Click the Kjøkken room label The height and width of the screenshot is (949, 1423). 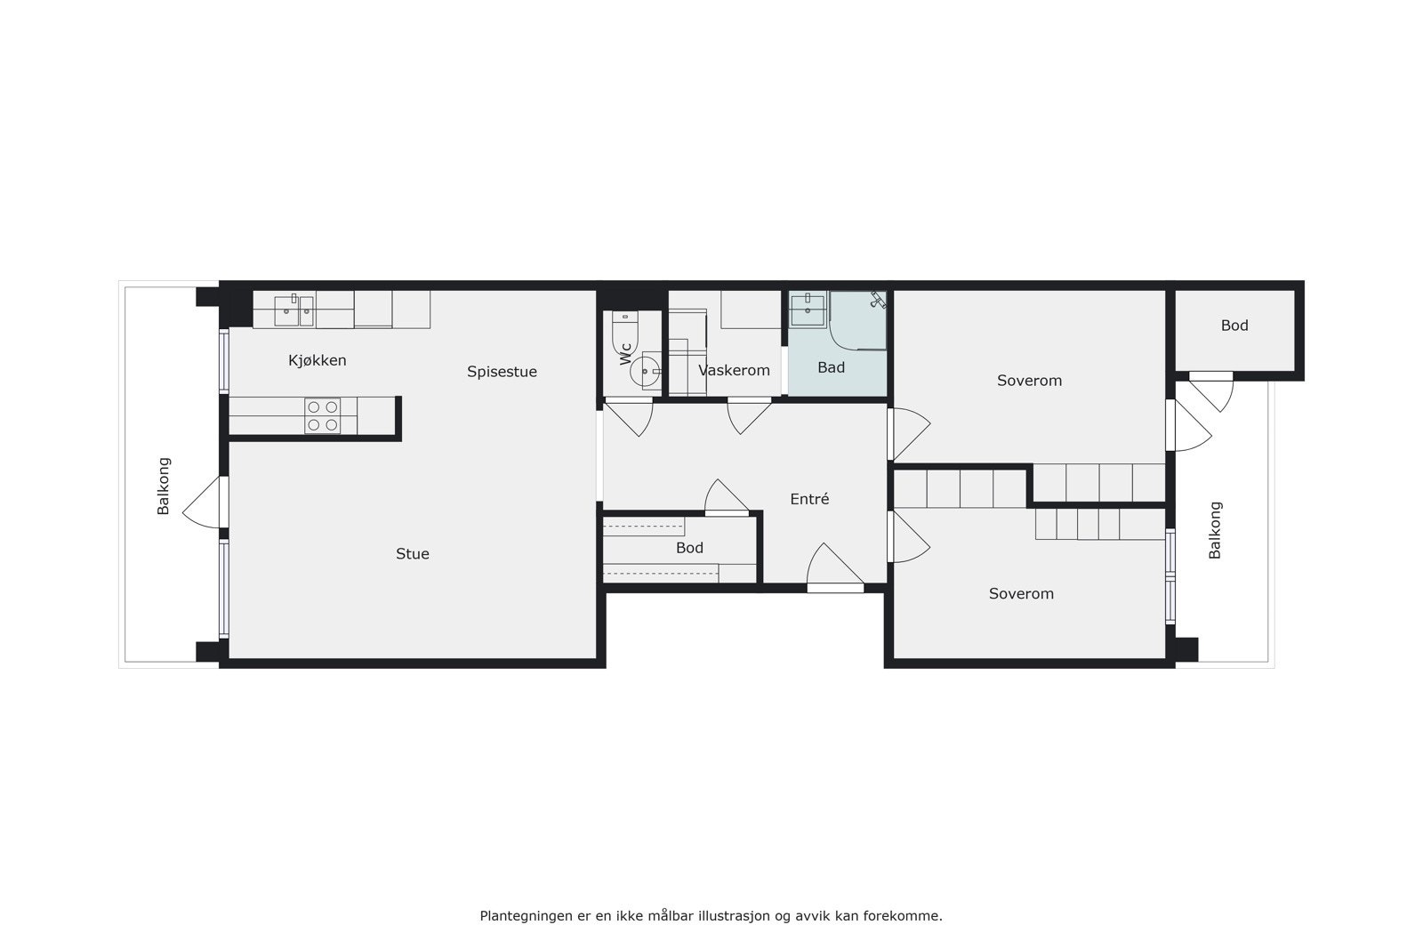click(x=318, y=360)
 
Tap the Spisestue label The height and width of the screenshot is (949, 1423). click(x=502, y=372)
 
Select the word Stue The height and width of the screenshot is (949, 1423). click(x=413, y=553)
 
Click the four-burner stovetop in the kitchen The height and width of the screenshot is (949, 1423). click(x=323, y=415)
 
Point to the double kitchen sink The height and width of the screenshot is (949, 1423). click(x=293, y=310)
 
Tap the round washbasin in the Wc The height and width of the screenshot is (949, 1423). click(x=646, y=371)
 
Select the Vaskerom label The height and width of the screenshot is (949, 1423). click(x=734, y=371)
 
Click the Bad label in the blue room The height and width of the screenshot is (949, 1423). click(x=831, y=367)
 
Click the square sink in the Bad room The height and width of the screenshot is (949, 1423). click(x=808, y=309)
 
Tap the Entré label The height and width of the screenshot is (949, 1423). click(x=809, y=499)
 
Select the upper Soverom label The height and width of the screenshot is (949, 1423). click(x=1029, y=381)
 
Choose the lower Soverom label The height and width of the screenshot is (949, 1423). click(x=1021, y=593)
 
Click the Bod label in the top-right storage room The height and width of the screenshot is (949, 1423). click(x=1234, y=326)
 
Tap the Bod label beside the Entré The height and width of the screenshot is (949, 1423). click(x=689, y=548)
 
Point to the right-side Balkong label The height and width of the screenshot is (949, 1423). click(x=1215, y=530)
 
